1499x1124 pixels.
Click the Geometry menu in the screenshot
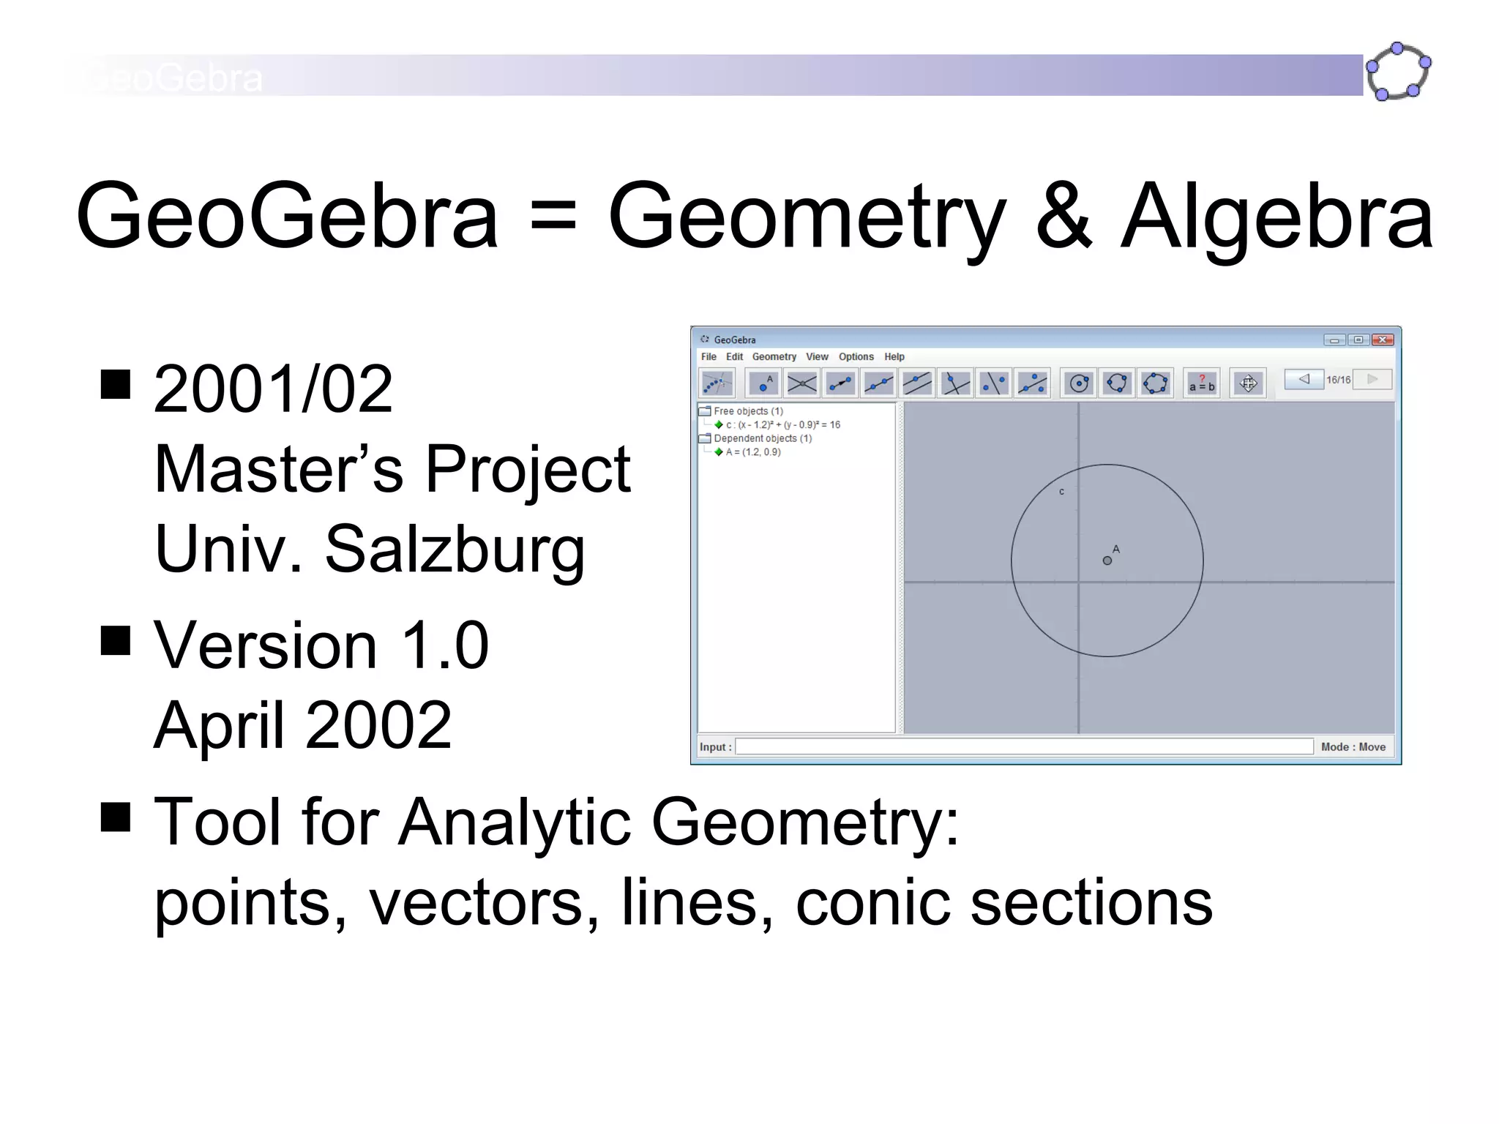point(774,357)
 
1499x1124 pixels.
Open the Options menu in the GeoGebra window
point(856,357)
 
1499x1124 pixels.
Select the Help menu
point(894,357)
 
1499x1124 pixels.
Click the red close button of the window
point(1382,340)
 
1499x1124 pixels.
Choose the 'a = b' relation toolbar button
point(1202,383)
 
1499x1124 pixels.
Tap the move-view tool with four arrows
point(1248,383)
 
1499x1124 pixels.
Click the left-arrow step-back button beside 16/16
point(1304,380)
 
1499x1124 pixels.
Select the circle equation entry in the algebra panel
point(782,425)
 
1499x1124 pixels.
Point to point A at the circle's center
point(1107,561)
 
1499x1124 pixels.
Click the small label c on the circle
point(1061,492)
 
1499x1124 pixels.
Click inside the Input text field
point(1023,747)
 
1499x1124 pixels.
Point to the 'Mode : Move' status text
point(1353,747)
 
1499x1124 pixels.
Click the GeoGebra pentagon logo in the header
point(1397,72)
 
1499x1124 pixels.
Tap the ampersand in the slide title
point(1063,217)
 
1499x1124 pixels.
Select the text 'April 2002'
point(302,724)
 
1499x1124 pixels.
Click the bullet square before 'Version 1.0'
point(116,641)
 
